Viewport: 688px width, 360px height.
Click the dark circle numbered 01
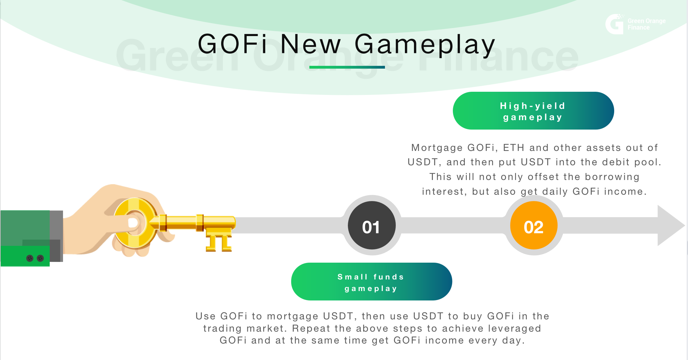pyautogui.click(x=372, y=226)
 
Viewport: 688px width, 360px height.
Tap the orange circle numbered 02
pyautogui.click(x=534, y=226)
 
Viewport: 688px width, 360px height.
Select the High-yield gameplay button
pyautogui.click(x=533, y=111)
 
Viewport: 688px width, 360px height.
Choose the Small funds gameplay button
pyautogui.click(x=371, y=282)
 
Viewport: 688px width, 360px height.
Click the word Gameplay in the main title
pyautogui.click(x=425, y=45)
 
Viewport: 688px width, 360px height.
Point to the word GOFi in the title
pyautogui.click(x=232, y=44)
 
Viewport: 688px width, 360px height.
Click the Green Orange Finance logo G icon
pyautogui.click(x=614, y=24)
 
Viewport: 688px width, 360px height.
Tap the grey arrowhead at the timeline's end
pyautogui.click(x=669, y=226)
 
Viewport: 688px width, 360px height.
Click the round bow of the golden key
pyautogui.click(x=135, y=223)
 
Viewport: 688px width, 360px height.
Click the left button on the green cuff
pyautogui.click(x=30, y=258)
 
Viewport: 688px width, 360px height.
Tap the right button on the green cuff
pyautogui.click(x=41, y=258)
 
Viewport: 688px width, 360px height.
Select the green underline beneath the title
pyautogui.click(x=347, y=67)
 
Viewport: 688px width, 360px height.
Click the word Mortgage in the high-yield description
pyautogui.click(x=437, y=148)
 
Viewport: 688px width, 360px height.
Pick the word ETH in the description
pyautogui.click(x=513, y=148)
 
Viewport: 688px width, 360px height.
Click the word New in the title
pyautogui.click(x=310, y=44)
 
